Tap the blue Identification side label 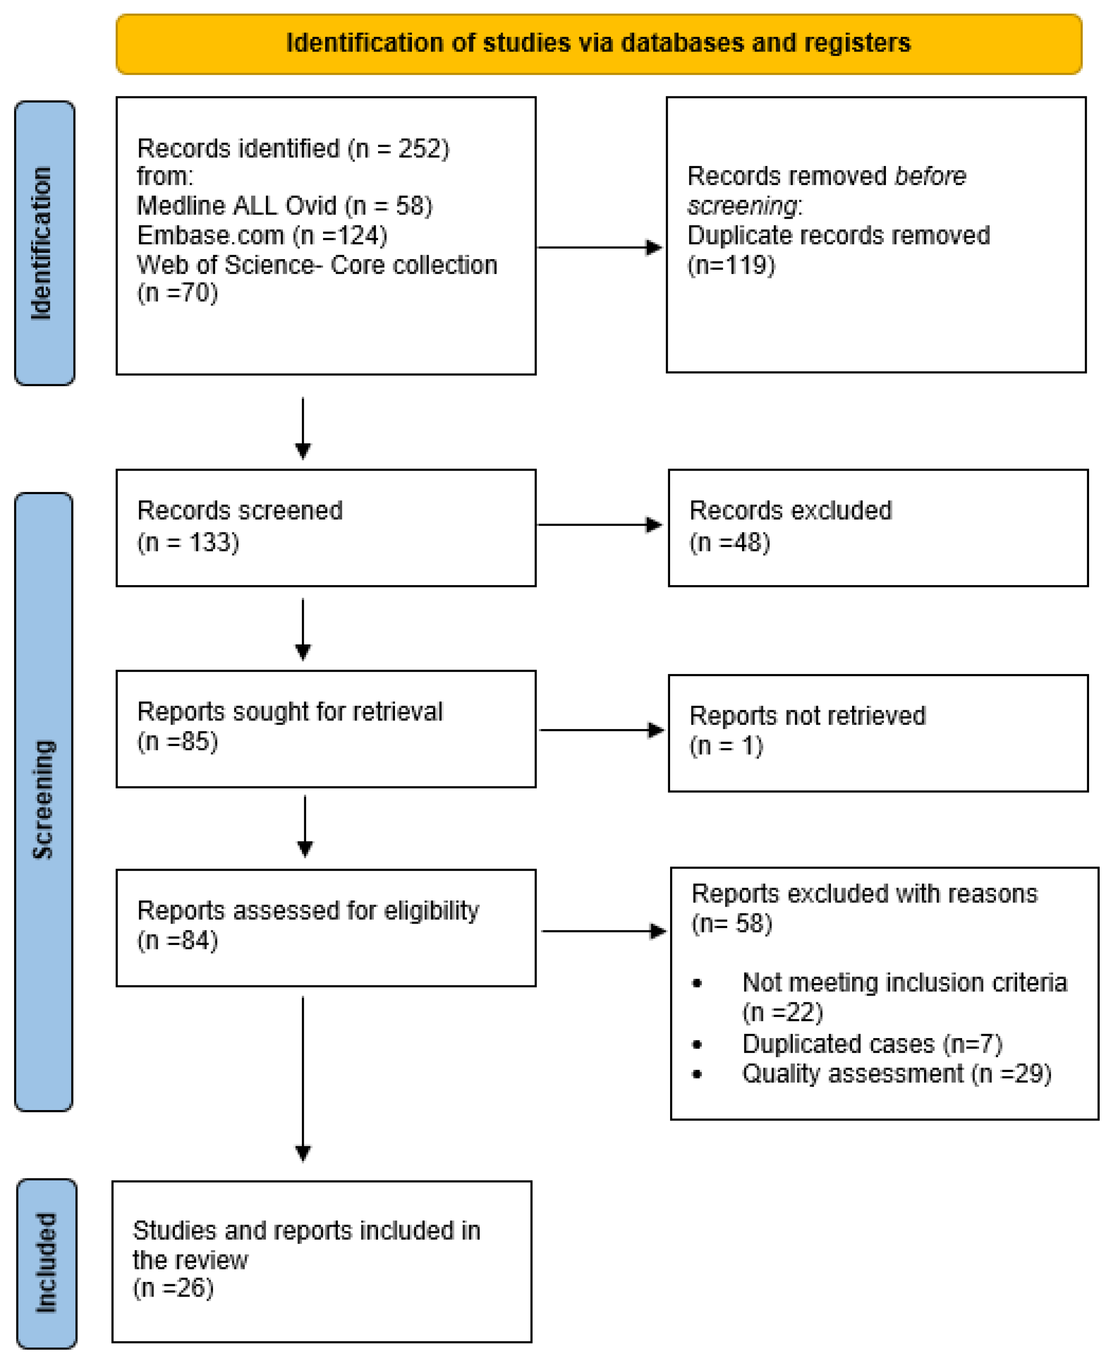coord(42,243)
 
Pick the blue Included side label coord(46,1263)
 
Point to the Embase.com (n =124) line coord(262,236)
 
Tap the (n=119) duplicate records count coord(731,265)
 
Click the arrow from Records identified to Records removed coord(599,247)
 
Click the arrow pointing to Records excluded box coord(600,525)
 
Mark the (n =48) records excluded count coord(729,542)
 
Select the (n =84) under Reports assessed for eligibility coord(177,941)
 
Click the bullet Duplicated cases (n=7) coord(872,1044)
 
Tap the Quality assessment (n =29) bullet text coord(896,1074)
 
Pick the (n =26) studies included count coord(173,1288)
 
